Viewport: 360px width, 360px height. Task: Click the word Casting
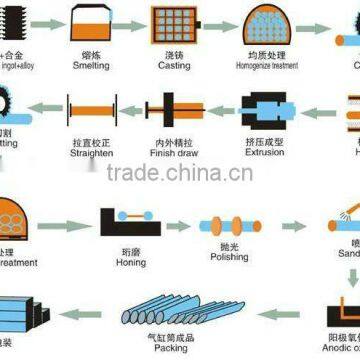point(174,66)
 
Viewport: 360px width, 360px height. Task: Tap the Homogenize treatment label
point(265,66)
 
